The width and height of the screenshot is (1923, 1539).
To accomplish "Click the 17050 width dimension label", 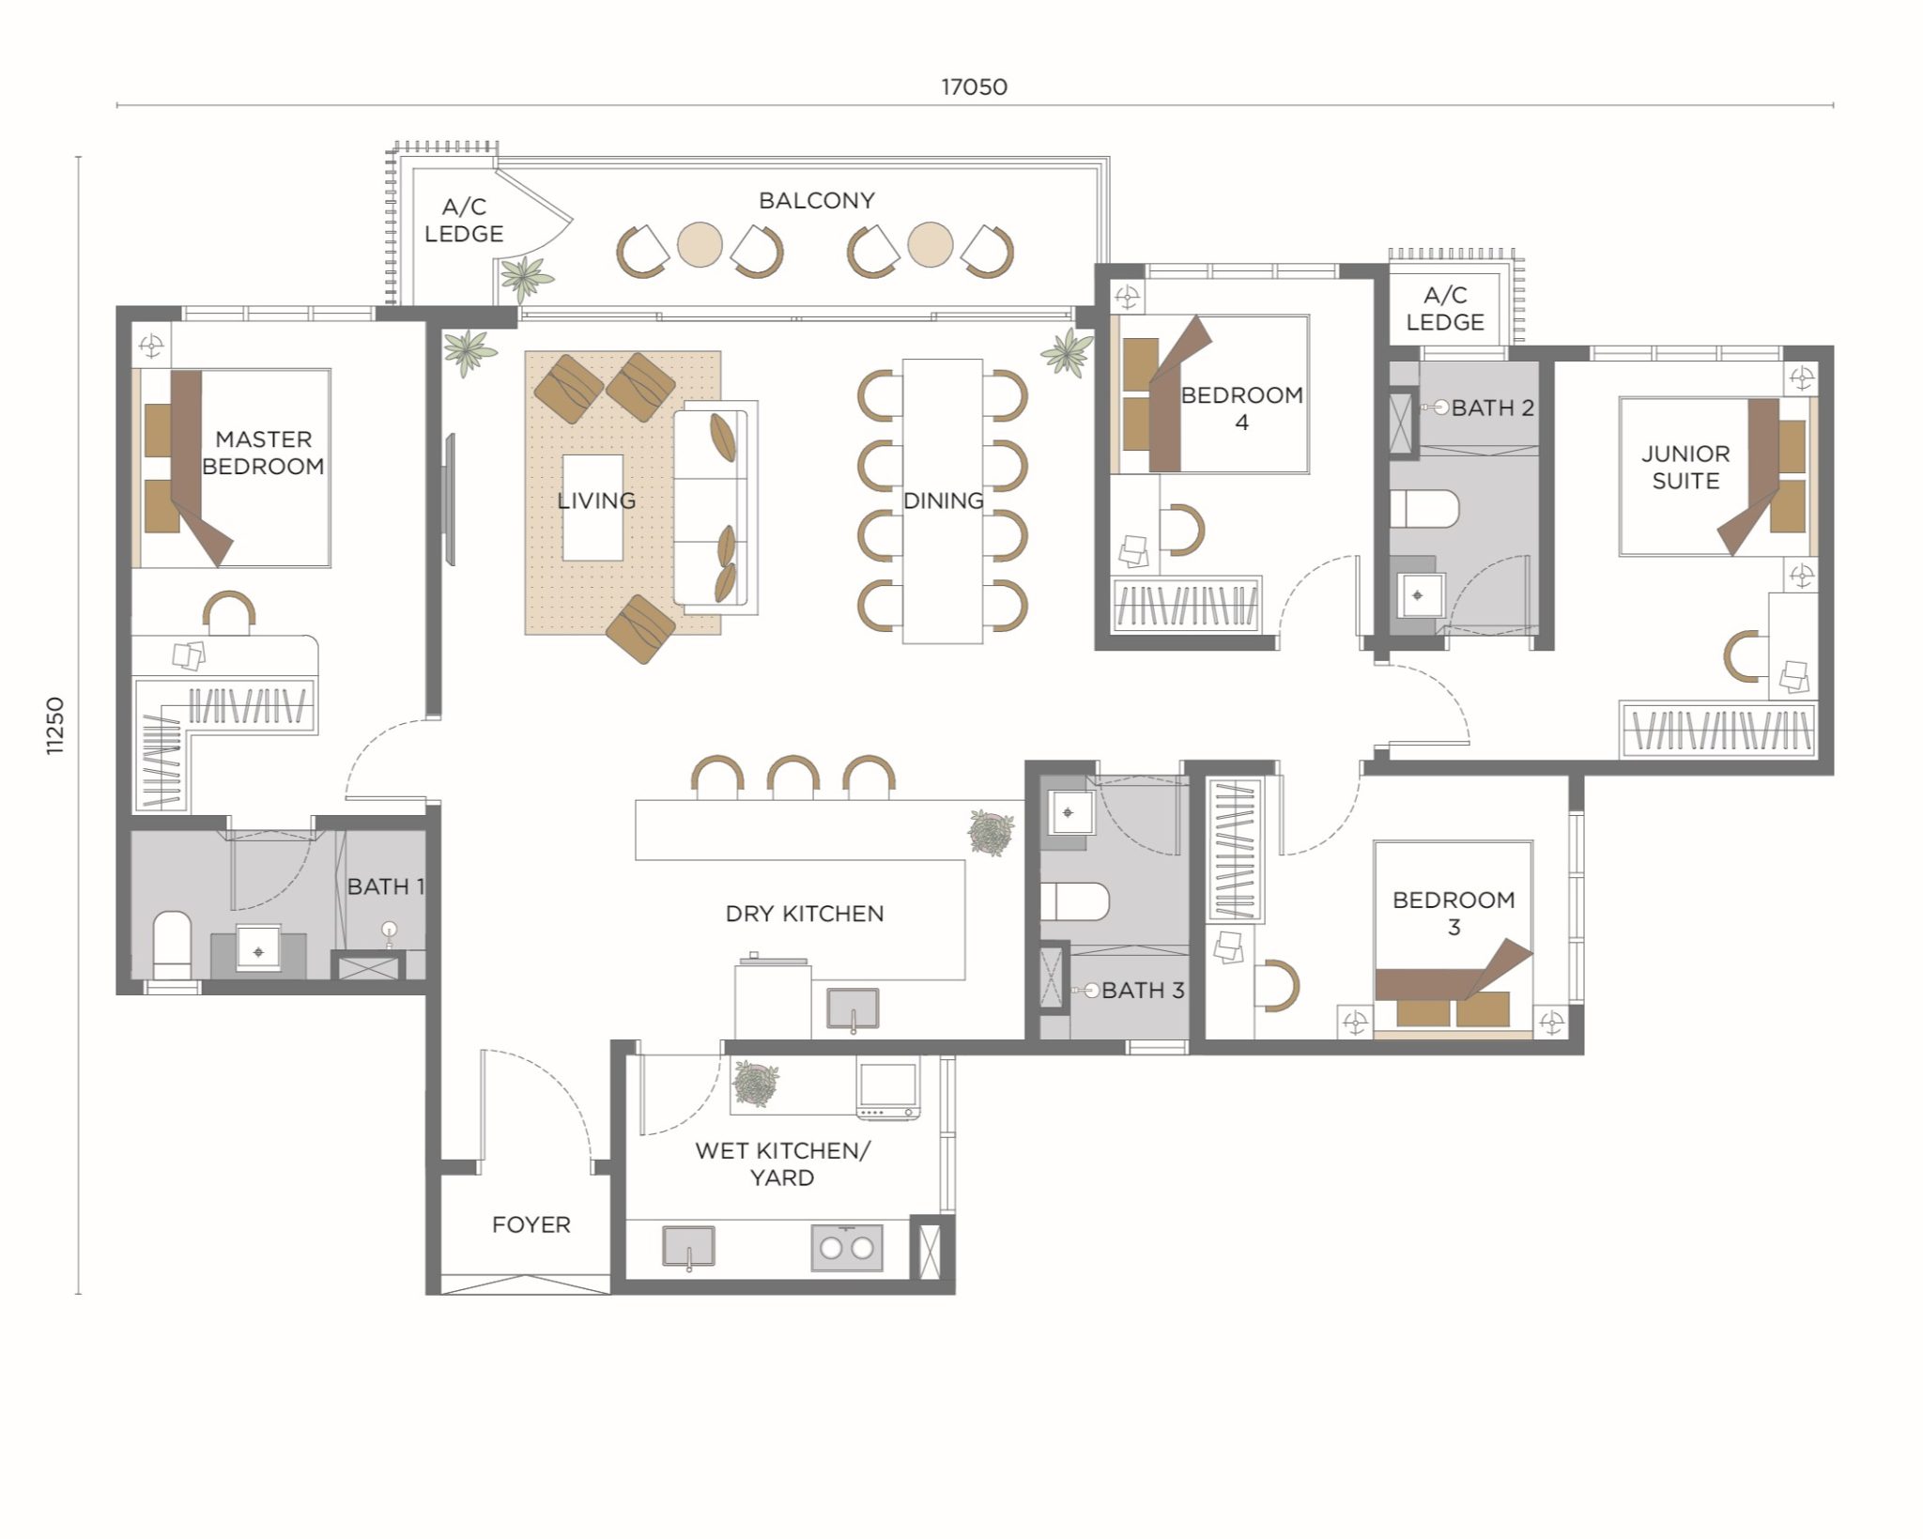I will (974, 87).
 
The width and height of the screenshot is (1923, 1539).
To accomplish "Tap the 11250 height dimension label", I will (55, 725).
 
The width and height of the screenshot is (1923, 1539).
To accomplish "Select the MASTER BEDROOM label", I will (263, 453).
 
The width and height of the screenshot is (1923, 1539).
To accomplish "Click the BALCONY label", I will (816, 201).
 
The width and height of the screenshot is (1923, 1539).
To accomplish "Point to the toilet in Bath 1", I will (172, 943).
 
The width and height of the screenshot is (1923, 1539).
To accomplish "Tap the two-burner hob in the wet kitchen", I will (846, 1247).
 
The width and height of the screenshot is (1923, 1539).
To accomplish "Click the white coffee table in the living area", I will (592, 508).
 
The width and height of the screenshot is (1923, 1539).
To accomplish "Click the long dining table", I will (943, 500).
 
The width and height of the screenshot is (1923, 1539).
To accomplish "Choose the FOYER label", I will (531, 1224).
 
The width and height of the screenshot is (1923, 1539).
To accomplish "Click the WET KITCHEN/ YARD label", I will (782, 1163).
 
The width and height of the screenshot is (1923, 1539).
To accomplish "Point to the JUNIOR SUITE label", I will (1685, 467).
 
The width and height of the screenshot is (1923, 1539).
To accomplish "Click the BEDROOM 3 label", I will (1453, 913).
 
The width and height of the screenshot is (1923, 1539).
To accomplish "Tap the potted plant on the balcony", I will (526, 276).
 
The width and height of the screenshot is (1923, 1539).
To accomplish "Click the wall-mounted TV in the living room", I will (450, 499).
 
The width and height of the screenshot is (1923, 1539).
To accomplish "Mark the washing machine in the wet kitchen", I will (886, 1090).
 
